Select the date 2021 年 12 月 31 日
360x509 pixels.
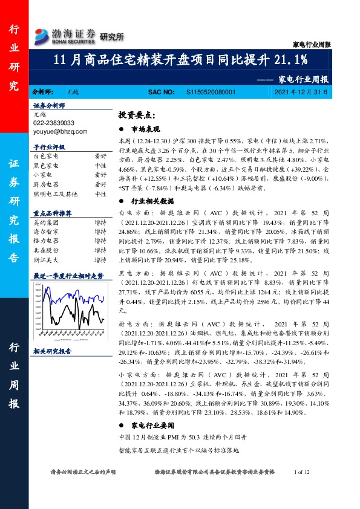tap(301, 92)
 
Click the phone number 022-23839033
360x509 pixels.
tap(54, 123)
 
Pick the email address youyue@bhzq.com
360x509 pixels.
tap(61, 131)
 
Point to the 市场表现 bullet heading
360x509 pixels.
tap(146, 129)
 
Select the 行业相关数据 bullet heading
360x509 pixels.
tap(152, 201)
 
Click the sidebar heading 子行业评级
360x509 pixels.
tap(49, 147)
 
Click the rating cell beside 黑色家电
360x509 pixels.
tap(100, 165)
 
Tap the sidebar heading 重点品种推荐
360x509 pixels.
tap(53, 213)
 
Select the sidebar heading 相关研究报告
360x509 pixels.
tap(53, 351)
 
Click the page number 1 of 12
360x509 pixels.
tap(301, 472)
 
